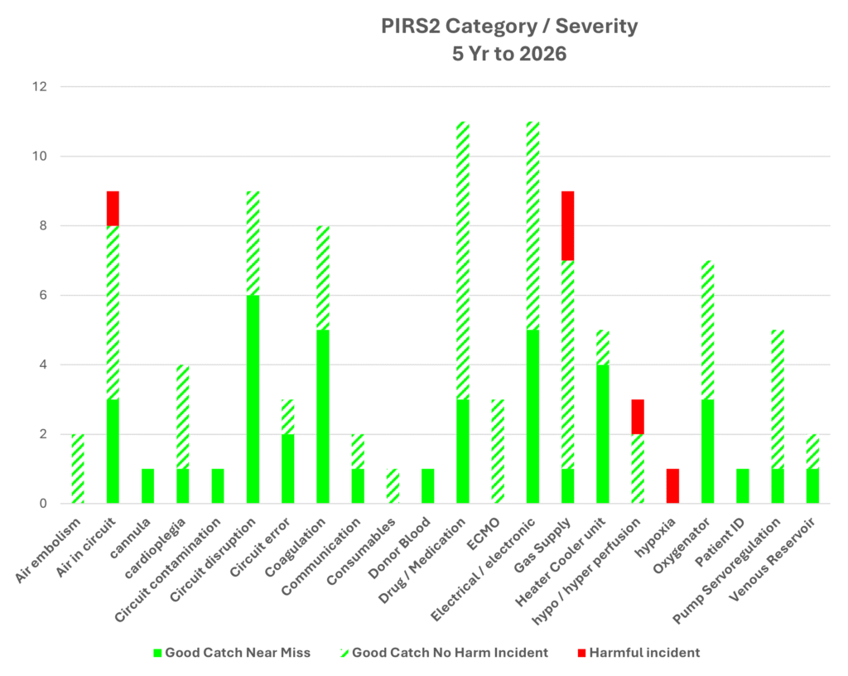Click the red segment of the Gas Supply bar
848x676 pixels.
(x=569, y=225)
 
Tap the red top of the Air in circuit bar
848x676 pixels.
(x=112, y=208)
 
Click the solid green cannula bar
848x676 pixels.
(x=147, y=485)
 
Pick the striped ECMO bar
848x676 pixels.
(x=499, y=451)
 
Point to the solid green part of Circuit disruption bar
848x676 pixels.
(x=252, y=398)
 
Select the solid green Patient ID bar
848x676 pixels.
(x=744, y=485)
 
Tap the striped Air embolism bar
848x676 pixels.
(x=77, y=468)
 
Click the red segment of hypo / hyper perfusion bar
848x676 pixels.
(x=638, y=416)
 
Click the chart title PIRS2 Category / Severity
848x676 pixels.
(x=509, y=26)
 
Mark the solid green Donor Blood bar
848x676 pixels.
(x=428, y=485)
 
